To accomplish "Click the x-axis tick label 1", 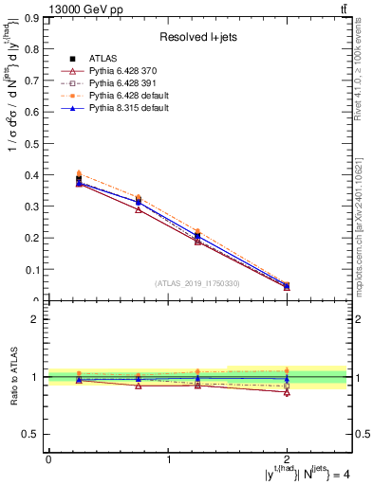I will click(x=169, y=458).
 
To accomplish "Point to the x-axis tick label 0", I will click(x=48, y=458).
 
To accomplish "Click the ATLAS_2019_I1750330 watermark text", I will click(x=197, y=283).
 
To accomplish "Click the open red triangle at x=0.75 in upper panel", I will click(x=139, y=209).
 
